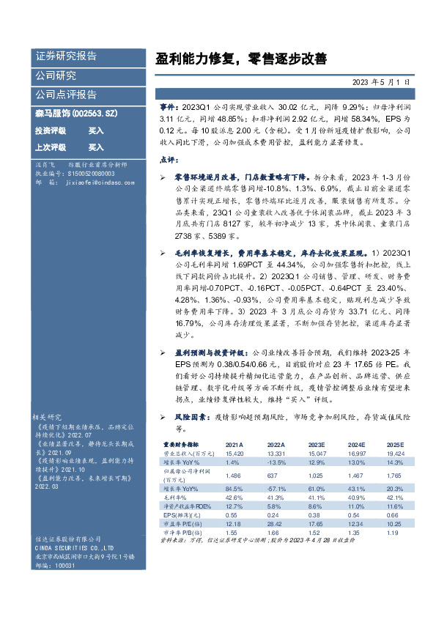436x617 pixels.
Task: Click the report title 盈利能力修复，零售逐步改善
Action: click(241, 58)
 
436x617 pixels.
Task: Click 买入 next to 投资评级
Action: click(96, 130)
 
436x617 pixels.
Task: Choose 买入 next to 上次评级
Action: click(96, 147)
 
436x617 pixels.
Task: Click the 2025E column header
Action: click(395, 445)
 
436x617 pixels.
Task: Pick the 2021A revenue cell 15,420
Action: click(234, 453)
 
